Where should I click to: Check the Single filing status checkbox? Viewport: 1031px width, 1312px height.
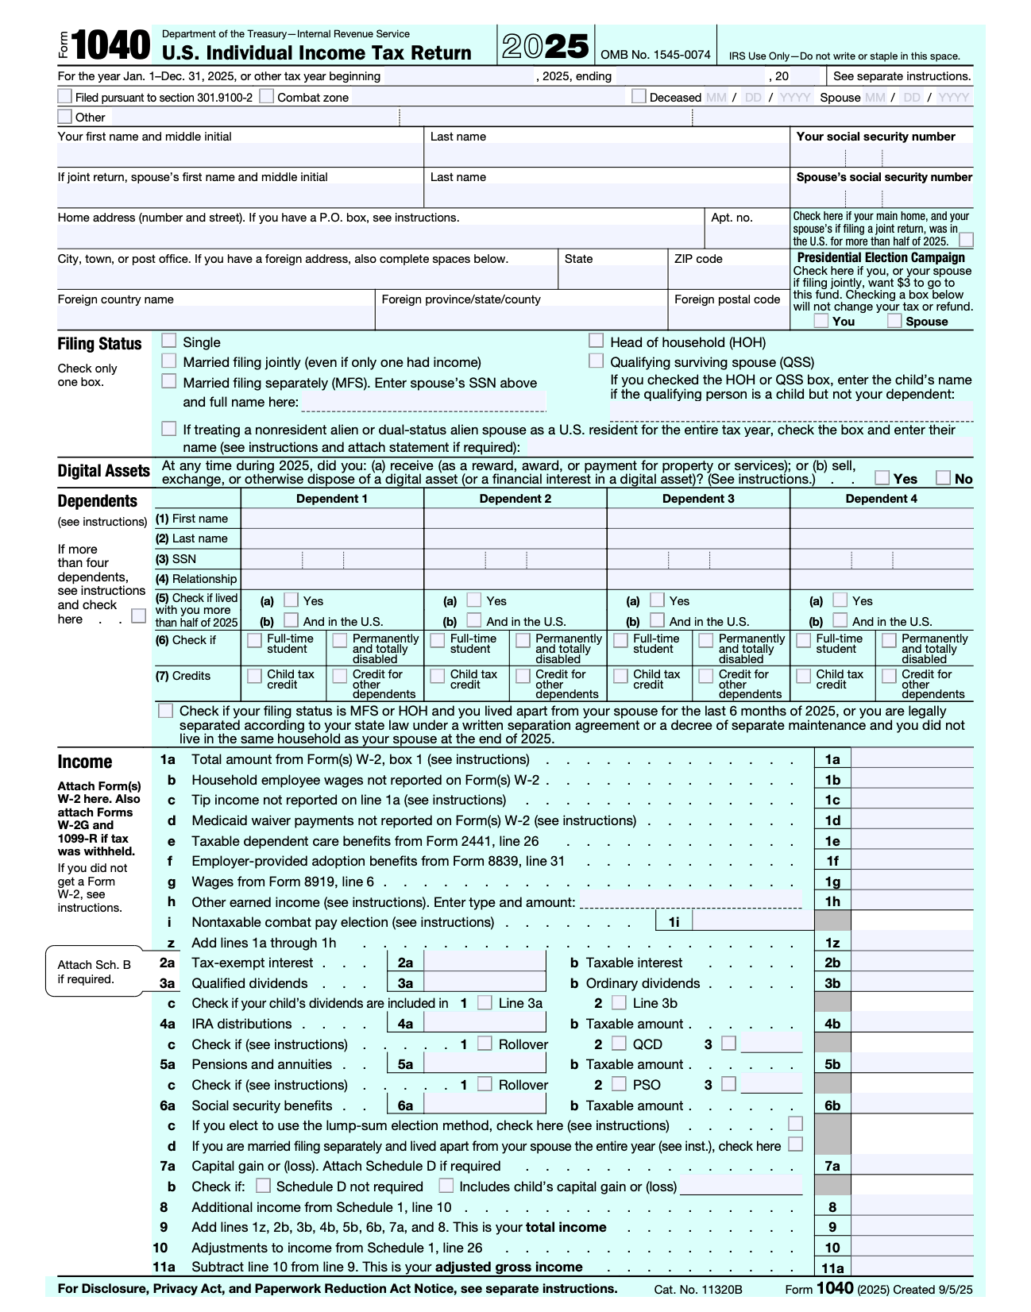click(x=168, y=341)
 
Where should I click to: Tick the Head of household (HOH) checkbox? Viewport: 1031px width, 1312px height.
click(x=596, y=341)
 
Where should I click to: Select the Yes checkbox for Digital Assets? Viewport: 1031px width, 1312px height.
click(x=882, y=477)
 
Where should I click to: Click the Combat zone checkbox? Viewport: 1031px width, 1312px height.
click(x=267, y=96)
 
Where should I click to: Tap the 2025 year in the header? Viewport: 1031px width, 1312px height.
click(x=546, y=47)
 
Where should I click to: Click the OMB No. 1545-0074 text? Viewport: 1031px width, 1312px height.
click(x=655, y=55)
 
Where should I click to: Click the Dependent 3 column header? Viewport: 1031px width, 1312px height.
click(x=698, y=499)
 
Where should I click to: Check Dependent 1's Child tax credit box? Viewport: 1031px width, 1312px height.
click(x=254, y=676)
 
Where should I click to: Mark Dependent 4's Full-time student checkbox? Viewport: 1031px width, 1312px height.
click(x=803, y=640)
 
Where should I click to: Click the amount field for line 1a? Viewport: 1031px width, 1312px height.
click(x=912, y=759)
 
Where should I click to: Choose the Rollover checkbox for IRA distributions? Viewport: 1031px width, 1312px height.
click(x=485, y=1044)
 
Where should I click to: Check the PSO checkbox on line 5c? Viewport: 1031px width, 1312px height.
click(x=619, y=1084)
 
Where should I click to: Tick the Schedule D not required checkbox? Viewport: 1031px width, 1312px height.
click(x=263, y=1186)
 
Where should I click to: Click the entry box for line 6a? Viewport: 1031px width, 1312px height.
click(x=485, y=1105)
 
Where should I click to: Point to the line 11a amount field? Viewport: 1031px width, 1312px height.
click(x=912, y=1268)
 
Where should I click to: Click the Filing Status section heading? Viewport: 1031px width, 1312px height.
click(x=99, y=344)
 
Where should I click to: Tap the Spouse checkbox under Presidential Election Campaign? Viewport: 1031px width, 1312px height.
click(x=894, y=321)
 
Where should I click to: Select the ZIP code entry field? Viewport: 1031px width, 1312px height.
click(x=728, y=277)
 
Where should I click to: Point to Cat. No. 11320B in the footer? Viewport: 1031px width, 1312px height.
click(x=698, y=1289)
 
